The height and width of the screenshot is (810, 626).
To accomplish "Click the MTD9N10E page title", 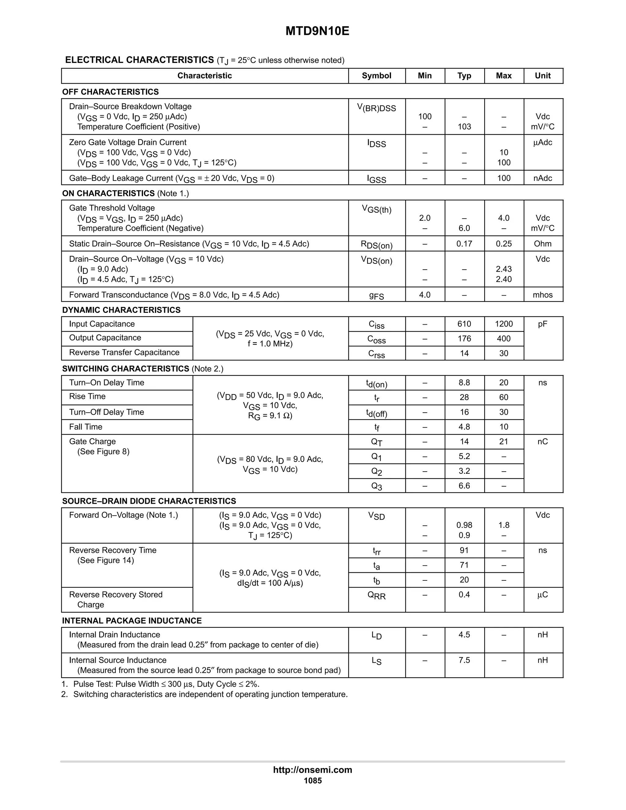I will click(x=317, y=31).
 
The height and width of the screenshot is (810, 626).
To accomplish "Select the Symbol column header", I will click(x=376, y=76).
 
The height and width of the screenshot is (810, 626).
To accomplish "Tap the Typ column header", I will click(x=464, y=76).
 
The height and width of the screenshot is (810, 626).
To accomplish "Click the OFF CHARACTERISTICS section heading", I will click(x=111, y=92).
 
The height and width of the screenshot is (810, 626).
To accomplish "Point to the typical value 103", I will click(x=464, y=127).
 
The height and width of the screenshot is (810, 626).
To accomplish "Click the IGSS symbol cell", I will click(x=376, y=179).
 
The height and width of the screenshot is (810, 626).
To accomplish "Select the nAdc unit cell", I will click(x=543, y=179).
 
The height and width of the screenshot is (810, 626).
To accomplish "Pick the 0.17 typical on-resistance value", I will click(x=464, y=244).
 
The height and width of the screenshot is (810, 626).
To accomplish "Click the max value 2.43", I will click(x=504, y=269).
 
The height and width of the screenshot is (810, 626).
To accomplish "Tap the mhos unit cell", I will click(x=543, y=295).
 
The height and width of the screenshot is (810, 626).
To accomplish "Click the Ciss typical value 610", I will click(x=464, y=324).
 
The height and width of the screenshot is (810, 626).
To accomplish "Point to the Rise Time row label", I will click(x=87, y=396).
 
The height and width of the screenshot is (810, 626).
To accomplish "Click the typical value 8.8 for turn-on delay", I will click(x=464, y=383).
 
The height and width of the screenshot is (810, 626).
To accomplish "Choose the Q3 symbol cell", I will click(x=376, y=486).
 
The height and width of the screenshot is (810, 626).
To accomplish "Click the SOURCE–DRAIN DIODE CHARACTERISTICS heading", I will click(x=149, y=501).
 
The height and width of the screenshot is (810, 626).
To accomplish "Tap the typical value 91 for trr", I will click(x=464, y=550).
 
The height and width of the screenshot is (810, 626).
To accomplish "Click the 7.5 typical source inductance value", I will click(x=464, y=660).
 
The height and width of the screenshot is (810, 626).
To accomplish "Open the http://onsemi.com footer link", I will click(x=313, y=770).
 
